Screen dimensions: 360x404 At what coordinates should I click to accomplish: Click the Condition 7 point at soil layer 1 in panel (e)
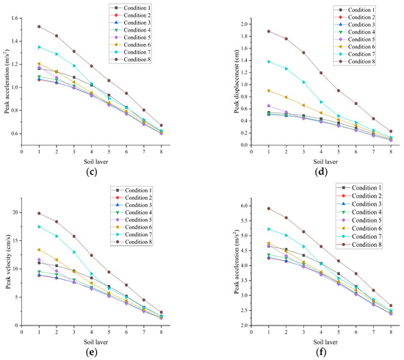tap(39, 226)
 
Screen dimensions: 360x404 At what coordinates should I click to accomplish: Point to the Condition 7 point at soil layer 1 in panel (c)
tap(39, 46)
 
